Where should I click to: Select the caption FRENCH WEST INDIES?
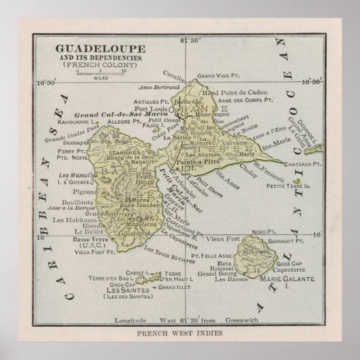pos(179,335)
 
